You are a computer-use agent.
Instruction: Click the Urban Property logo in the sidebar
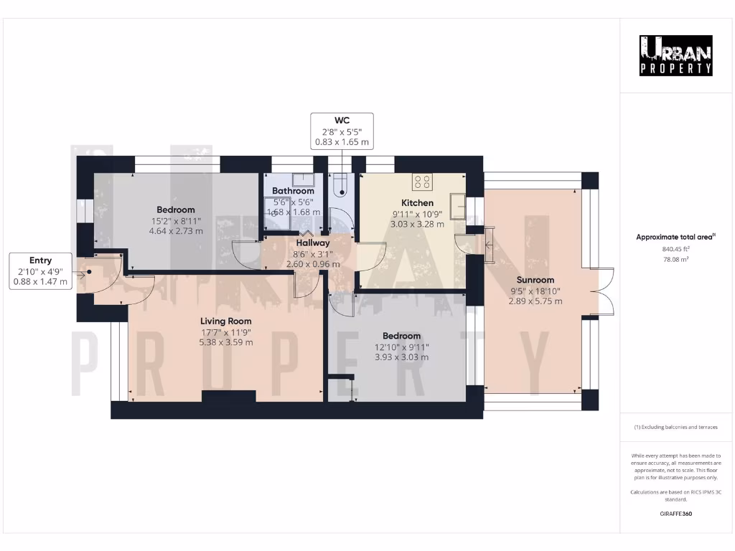click(x=676, y=55)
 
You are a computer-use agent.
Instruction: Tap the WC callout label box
click(x=342, y=131)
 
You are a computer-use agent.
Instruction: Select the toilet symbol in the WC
click(x=341, y=186)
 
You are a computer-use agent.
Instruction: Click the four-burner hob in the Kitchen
click(x=422, y=182)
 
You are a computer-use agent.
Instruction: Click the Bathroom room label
click(x=293, y=191)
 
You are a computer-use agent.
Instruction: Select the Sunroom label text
click(x=535, y=280)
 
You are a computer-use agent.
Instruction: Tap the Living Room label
click(x=226, y=321)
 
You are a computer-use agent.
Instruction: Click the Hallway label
click(x=313, y=243)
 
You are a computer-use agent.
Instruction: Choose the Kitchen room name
click(x=417, y=203)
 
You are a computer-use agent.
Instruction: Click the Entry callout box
click(x=40, y=270)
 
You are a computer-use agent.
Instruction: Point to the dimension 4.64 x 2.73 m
click(x=176, y=231)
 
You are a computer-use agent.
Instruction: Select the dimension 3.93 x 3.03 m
click(x=401, y=357)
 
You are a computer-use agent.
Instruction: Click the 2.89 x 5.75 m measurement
click(x=535, y=301)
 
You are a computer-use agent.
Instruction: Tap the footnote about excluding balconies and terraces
click(x=675, y=427)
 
